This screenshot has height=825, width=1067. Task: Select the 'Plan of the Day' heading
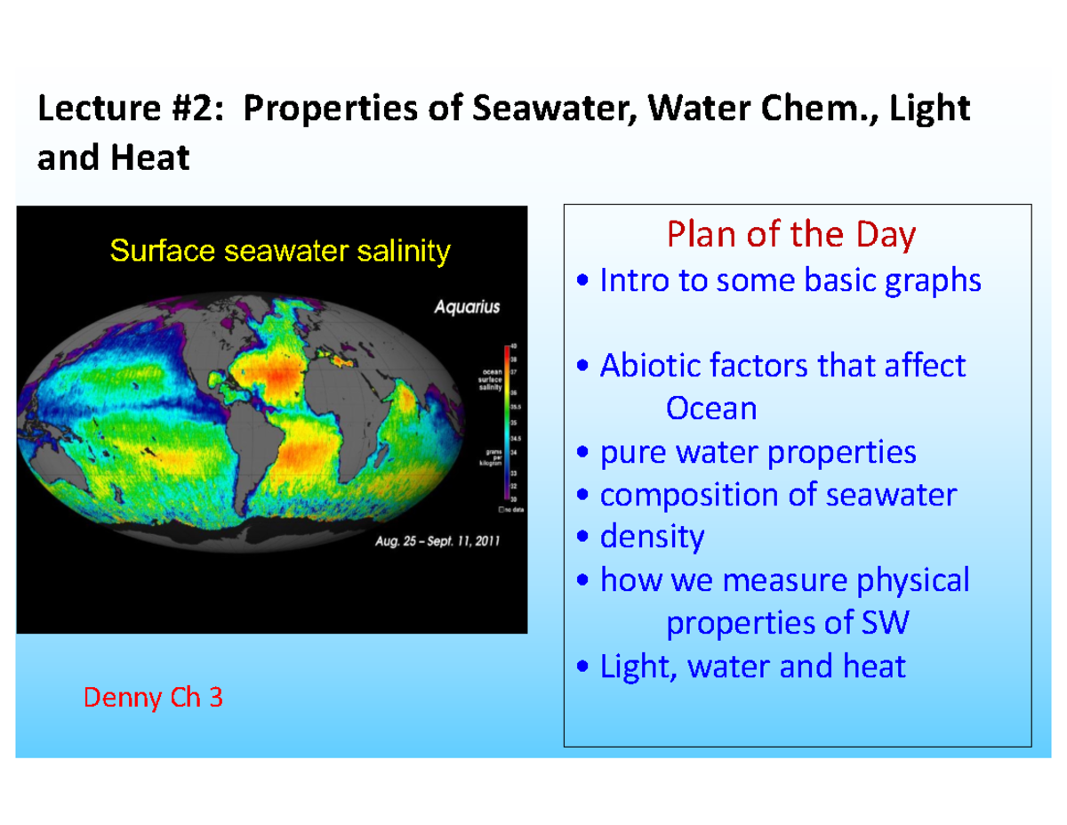coord(790,235)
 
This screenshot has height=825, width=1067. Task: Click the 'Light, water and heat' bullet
coord(742,666)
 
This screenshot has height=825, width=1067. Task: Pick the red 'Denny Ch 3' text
coord(153,698)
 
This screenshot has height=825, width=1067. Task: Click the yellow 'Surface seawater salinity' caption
coord(279,252)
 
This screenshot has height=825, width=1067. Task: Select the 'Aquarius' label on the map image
coord(467,308)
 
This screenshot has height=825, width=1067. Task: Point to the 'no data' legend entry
coord(510,510)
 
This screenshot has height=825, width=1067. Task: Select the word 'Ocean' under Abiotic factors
coord(711,408)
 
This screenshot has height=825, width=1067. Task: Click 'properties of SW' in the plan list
coord(788,623)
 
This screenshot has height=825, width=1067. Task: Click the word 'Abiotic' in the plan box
coord(650,366)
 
